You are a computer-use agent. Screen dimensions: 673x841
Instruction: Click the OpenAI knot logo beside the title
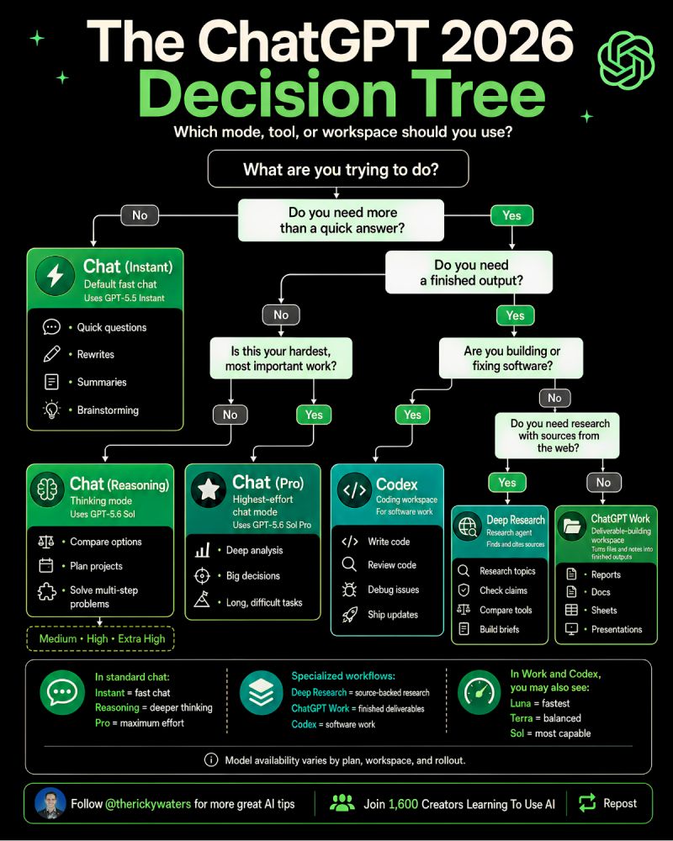click(x=626, y=60)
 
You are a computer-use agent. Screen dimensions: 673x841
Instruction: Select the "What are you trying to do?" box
click(x=338, y=169)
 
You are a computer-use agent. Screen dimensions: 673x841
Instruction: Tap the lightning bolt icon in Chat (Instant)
click(x=56, y=276)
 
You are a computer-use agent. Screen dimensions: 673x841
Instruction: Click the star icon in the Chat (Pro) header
click(x=209, y=489)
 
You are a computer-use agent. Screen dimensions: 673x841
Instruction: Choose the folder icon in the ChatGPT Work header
click(x=572, y=526)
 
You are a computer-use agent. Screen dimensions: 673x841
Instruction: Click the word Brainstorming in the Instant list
click(x=108, y=410)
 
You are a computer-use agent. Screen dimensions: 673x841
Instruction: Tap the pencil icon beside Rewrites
click(x=51, y=354)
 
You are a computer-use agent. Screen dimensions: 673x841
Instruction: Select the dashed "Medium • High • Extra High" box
click(x=100, y=639)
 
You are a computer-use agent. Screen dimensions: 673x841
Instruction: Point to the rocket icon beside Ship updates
click(x=350, y=615)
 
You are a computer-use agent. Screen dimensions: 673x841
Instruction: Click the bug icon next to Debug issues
click(x=349, y=590)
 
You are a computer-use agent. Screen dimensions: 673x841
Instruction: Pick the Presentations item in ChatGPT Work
click(x=617, y=629)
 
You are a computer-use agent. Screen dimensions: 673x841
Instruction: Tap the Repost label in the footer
click(x=620, y=803)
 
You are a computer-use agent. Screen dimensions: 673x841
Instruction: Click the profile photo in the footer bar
click(x=50, y=803)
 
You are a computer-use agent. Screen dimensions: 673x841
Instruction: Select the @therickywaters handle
click(x=148, y=804)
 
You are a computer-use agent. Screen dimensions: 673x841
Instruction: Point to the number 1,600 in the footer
click(x=403, y=804)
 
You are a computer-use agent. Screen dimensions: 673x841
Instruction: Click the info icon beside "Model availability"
click(x=211, y=760)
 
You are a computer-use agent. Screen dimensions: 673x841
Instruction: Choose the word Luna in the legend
click(x=521, y=703)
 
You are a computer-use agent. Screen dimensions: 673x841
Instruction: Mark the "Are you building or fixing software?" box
click(x=511, y=357)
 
